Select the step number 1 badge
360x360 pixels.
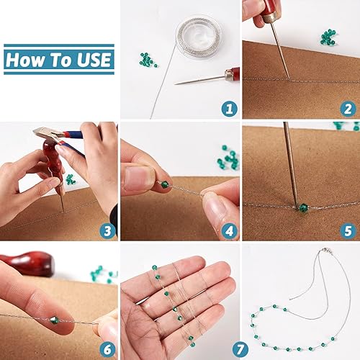[x=230, y=109]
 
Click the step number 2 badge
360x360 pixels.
[x=348, y=109]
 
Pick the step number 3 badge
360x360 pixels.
[x=107, y=230]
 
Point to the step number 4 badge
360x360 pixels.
[x=230, y=230]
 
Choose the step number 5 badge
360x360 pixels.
[x=348, y=230]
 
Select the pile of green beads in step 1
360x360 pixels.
[x=148, y=60]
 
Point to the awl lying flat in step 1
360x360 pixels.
[x=207, y=77]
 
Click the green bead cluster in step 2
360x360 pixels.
[x=328, y=37]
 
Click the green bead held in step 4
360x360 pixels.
[x=165, y=184]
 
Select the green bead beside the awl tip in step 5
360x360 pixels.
[x=303, y=207]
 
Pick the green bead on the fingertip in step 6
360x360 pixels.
[x=55, y=320]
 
